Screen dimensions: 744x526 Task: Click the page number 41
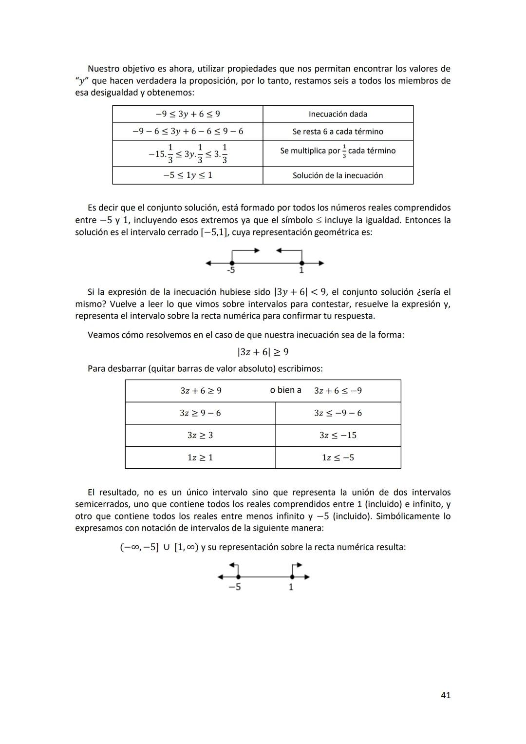445,695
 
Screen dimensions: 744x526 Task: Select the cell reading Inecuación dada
338,114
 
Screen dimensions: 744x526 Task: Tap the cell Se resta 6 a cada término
338,132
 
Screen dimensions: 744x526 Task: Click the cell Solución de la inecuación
338,175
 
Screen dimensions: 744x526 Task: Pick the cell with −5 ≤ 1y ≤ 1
188,175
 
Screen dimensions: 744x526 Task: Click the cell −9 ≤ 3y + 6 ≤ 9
188,114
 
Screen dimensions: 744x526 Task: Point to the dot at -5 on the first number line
232,263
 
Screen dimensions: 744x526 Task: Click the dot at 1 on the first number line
302,263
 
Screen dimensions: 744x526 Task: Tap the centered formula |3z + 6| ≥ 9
263,352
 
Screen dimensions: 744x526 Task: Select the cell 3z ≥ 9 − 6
200,413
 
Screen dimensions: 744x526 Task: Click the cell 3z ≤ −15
338,435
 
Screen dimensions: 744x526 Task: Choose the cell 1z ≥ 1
200,458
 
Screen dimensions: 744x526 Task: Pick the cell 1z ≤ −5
338,458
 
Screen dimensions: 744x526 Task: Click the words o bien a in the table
285,390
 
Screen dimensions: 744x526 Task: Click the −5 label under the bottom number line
235,587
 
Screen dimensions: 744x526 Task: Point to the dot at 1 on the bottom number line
292,577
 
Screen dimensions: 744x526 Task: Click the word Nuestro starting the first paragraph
103,69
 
